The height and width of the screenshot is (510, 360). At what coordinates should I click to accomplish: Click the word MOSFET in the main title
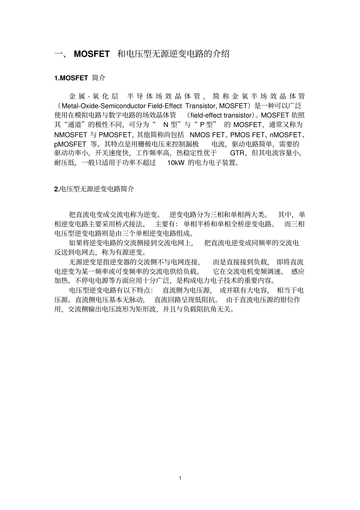click(x=91, y=54)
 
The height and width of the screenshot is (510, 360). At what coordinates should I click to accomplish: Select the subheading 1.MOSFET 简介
click(x=80, y=78)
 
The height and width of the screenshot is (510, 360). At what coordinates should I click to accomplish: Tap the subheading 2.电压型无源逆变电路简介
click(x=94, y=189)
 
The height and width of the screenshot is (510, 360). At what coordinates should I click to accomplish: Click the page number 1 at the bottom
click(x=180, y=478)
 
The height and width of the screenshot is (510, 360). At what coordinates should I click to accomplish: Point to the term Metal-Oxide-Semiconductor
click(x=99, y=106)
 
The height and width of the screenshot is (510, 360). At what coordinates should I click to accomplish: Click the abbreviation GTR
click(x=237, y=153)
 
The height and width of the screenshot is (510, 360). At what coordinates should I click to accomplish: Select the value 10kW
click(x=175, y=163)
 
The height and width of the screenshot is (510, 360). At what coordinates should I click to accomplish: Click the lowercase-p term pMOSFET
click(x=70, y=144)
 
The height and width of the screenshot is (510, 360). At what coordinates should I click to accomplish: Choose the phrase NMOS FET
click(x=208, y=135)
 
